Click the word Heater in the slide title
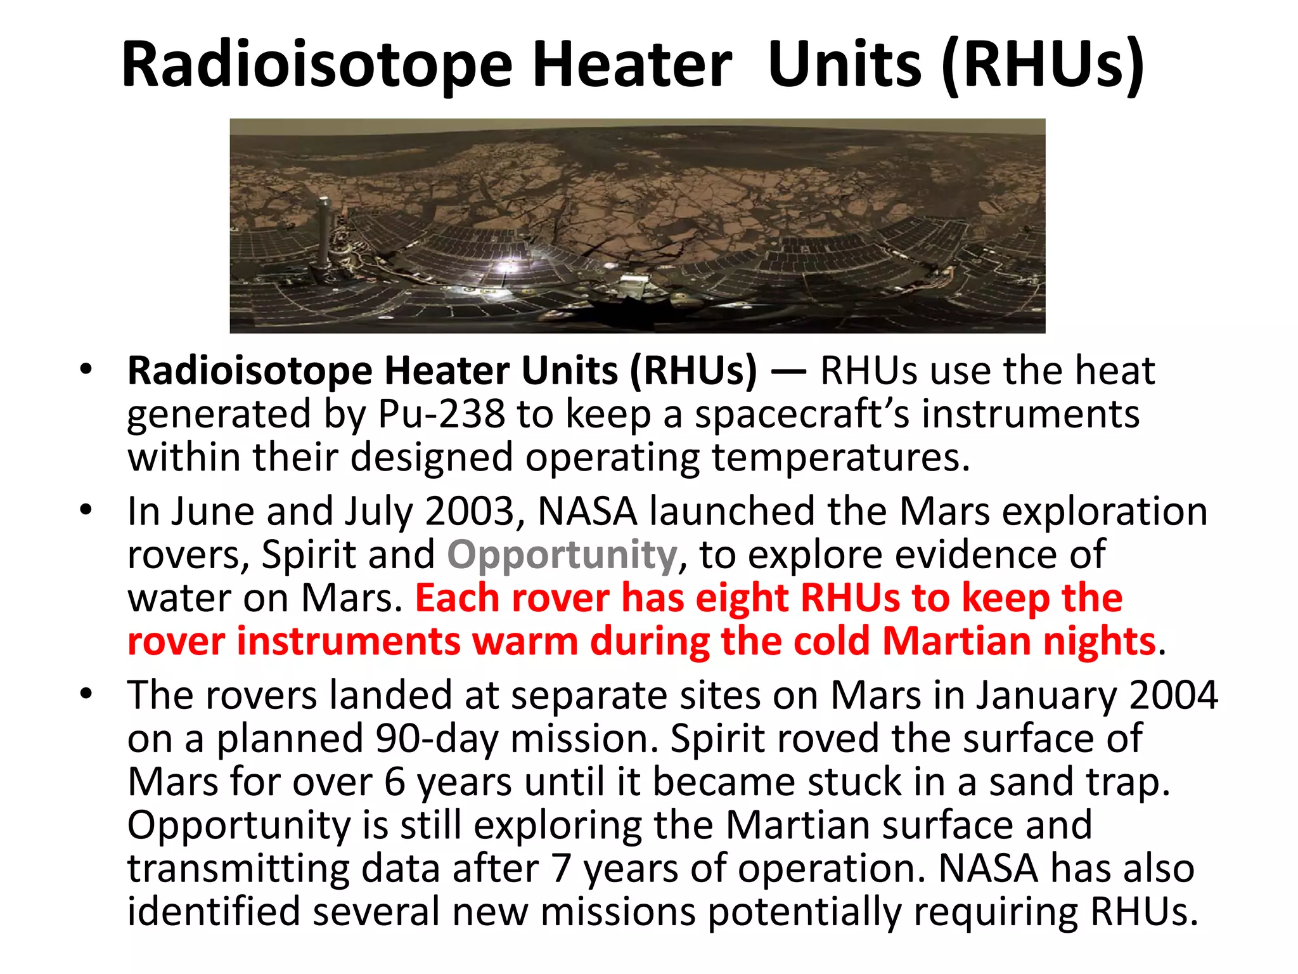tap(632, 65)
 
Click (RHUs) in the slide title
tap(1043, 65)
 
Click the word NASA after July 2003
tap(587, 511)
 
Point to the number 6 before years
tap(394, 782)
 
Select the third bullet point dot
tap(86, 694)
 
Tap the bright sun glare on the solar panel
tap(508, 265)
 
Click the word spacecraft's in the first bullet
tap(802, 414)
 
